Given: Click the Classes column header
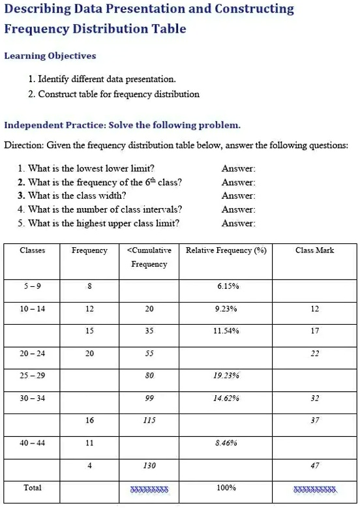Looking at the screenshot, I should point(32,250).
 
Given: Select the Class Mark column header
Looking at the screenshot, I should point(314,250).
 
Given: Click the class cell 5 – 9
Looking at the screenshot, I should point(32,286).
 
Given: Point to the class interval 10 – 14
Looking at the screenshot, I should point(32,308).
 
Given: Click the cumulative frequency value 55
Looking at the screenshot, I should point(149,353).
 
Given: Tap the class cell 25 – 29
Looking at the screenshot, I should point(32,376).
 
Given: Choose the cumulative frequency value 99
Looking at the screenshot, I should point(149,398).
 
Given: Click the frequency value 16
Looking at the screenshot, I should point(89,421).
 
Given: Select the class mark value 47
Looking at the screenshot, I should point(314,466).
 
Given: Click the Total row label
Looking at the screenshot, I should point(32,488).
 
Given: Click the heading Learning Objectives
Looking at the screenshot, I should point(50,55).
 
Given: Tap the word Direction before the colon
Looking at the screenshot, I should point(21,145).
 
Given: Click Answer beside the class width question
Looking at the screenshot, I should point(238,196).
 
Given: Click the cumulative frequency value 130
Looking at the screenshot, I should point(149,466).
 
